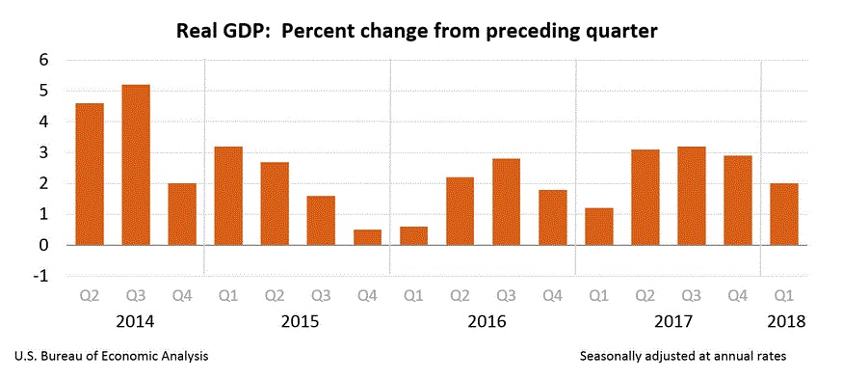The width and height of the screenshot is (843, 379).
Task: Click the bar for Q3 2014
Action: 136,165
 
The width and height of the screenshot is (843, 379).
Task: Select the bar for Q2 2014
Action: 90,174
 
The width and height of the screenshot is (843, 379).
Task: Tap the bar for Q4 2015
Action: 367,237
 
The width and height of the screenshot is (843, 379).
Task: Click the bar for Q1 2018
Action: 783,214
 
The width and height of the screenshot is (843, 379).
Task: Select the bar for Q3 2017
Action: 691,196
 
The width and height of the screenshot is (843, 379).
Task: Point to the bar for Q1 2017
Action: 598,227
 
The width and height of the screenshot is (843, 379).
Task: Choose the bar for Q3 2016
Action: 506,202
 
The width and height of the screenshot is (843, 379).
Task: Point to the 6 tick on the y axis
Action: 43,60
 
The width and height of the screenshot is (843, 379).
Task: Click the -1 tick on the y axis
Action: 40,276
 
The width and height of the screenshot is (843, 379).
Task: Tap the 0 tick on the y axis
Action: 43,245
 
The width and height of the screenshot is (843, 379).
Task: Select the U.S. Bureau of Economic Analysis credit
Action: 112,357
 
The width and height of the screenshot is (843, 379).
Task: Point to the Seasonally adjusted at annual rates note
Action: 683,357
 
